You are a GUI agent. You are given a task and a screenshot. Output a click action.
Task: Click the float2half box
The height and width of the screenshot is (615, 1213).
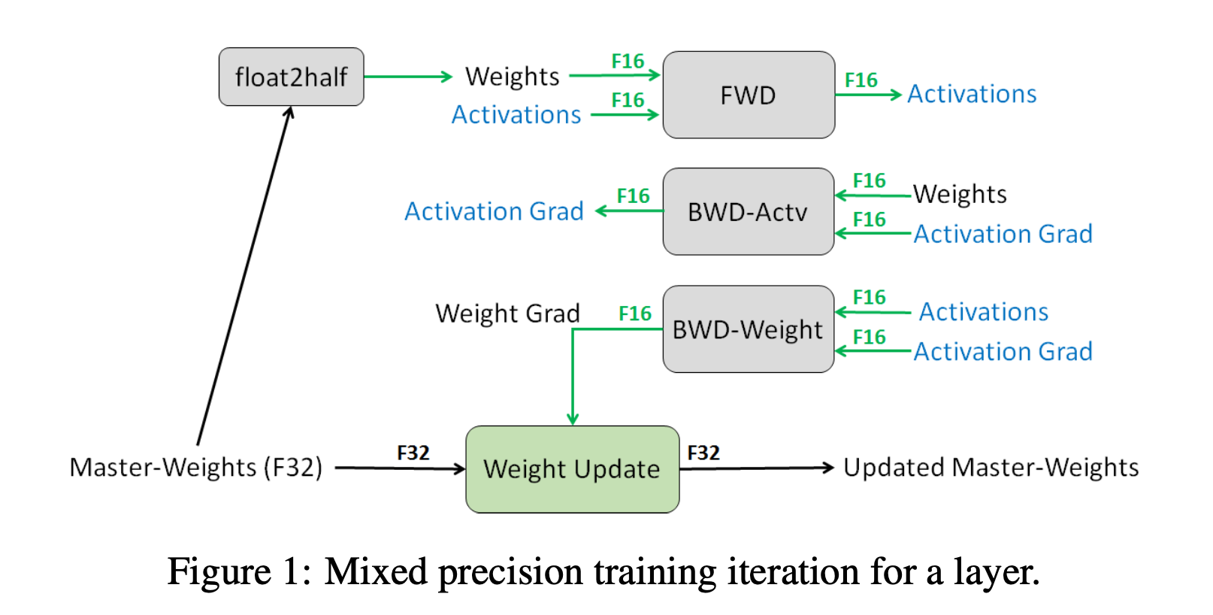click(292, 77)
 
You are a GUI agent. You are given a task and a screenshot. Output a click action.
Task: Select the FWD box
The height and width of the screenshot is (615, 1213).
click(749, 95)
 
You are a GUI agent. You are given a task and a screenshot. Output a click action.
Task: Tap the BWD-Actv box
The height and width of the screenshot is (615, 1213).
click(749, 211)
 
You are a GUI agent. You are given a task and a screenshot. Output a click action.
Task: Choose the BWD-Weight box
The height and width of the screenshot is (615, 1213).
click(749, 329)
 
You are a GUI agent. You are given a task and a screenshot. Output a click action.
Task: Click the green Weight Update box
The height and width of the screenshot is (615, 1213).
click(572, 469)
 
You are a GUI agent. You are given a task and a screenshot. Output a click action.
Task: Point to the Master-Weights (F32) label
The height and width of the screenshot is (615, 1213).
click(196, 467)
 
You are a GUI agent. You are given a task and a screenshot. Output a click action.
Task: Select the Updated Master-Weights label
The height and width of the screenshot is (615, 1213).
click(991, 467)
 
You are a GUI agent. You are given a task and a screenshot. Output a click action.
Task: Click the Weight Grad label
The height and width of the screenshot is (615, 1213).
click(507, 313)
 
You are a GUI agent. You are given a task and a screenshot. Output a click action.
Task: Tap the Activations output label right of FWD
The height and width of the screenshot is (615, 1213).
click(972, 94)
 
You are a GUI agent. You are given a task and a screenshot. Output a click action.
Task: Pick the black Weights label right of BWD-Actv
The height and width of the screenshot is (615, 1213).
click(960, 194)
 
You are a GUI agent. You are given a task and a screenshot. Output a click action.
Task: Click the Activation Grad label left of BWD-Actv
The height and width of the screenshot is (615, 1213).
click(494, 211)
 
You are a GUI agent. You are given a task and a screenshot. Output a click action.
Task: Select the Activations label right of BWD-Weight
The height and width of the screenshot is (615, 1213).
click(984, 311)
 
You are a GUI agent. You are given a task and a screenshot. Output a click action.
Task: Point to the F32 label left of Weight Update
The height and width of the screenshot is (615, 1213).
click(413, 453)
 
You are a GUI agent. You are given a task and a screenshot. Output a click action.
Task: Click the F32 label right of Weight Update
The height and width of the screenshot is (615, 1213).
click(703, 453)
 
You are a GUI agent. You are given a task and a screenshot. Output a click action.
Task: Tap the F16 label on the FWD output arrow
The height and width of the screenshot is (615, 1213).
click(861, 80)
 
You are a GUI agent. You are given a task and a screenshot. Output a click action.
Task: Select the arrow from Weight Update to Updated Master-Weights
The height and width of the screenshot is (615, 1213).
click(756, 468)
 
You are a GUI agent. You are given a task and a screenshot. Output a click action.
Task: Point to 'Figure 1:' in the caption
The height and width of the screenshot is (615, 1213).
click(239, 572)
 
